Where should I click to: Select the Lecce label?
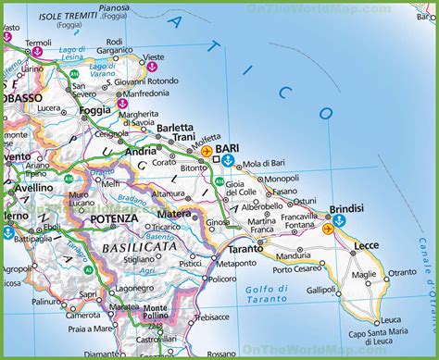tap(368, 246)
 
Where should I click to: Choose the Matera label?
tap(174, 214)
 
